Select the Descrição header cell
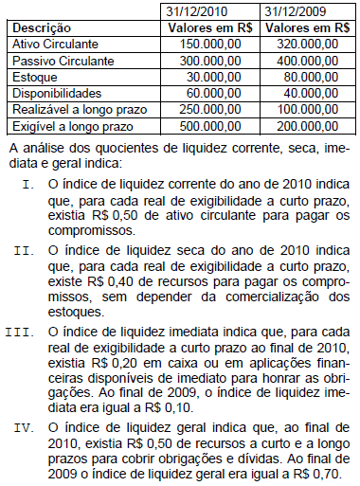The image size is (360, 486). [43, 28]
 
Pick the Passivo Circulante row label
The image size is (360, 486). [64, 62]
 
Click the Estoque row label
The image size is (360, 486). [37, 78]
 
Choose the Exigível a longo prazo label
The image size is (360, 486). [74, 126]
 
